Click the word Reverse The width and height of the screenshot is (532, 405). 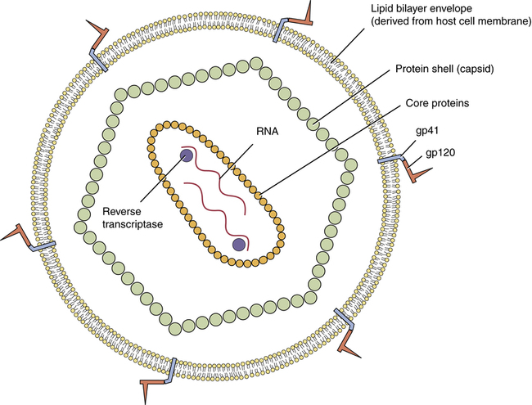(x=119, y=212)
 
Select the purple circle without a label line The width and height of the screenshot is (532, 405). (x=239, y=245)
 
